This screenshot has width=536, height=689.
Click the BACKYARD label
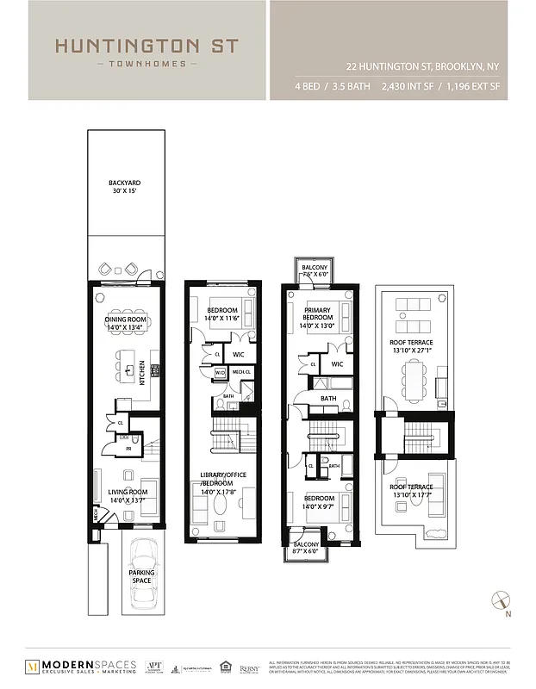(124, 183)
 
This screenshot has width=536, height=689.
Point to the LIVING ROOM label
(125, 492)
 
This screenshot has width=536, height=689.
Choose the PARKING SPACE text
(142, 576)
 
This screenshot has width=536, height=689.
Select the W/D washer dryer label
(220, 373)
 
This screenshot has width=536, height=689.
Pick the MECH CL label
(240, 373)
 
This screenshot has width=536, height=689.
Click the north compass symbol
(502, 601)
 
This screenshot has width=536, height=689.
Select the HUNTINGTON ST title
(146, 47)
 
